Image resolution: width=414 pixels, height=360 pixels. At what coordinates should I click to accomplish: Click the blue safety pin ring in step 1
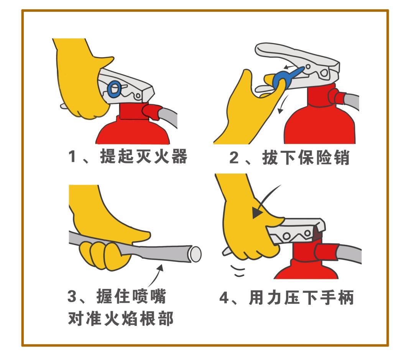pos(113,89)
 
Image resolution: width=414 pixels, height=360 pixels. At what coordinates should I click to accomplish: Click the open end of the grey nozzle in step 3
pos(195,254)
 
